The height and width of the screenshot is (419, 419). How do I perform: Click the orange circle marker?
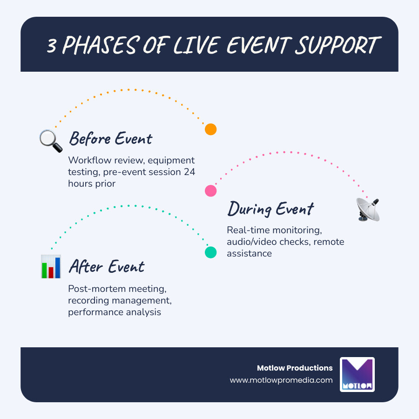[x=211, y=129]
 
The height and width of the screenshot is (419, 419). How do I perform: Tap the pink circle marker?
[x=211, y=190]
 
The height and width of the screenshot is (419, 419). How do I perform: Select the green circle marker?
[x=211, y=252]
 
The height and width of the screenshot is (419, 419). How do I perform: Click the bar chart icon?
[x=51, y=267]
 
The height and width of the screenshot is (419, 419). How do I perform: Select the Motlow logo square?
[x=357, y=374]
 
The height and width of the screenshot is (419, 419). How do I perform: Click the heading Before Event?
[x=110, y=139]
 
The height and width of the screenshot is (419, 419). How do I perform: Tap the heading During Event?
[x=270, y=209]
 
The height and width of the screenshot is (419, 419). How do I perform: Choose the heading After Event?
[x=107, y=267]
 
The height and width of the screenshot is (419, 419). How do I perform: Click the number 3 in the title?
[x=53, y=46]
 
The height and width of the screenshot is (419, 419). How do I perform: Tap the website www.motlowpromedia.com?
[x=281, y=380]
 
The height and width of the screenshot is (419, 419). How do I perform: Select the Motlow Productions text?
[x=295, y=368]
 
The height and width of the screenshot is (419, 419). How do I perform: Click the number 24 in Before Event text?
[x=189, y=171]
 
